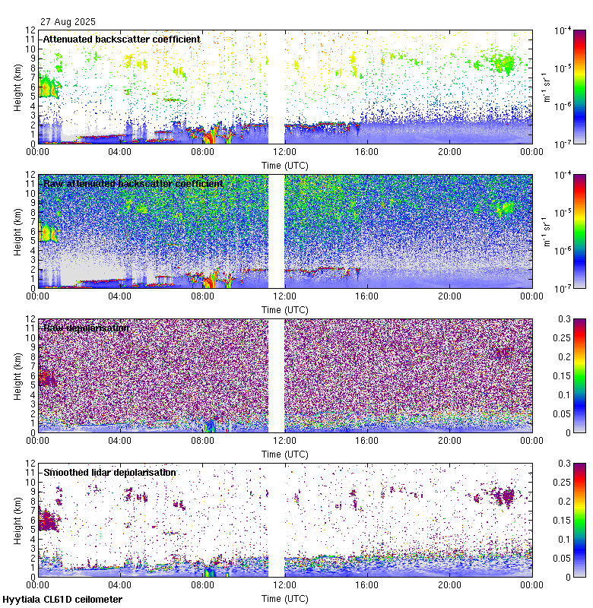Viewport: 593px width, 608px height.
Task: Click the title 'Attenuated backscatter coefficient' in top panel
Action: (x=122, y=39)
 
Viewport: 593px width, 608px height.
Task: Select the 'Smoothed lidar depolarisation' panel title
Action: (x=109, y=472)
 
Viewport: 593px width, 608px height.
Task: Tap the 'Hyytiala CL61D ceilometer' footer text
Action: (x=62, y=600)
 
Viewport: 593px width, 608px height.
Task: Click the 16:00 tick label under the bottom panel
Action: (x=367, y=584)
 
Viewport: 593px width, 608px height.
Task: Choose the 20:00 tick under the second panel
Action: (x=449, y=296)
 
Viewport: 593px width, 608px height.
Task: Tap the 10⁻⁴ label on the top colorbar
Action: (x=563, y=31)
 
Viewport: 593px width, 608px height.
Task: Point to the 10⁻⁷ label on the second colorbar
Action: (x=563, y=289)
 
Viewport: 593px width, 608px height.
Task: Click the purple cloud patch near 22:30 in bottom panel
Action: (x=502, y=497)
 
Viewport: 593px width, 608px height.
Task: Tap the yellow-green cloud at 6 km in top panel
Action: (x=48, y=87)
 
